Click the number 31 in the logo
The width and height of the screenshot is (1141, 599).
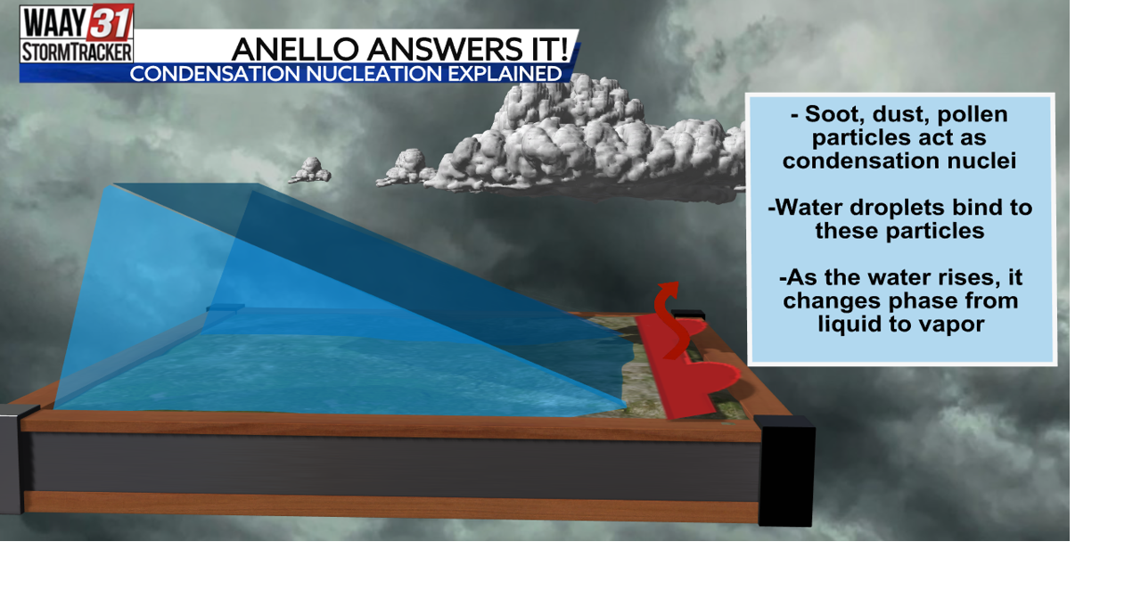click(x=110, y=21)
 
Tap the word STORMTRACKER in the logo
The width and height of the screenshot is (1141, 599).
click(x=77, y=52)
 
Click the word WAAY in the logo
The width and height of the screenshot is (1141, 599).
click(x=53, y=21)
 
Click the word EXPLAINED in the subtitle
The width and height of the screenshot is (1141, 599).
click(x=505, y=74)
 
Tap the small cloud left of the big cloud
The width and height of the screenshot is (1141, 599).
click(x=310, y=170)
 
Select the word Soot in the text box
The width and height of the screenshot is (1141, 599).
click(x=833, y=114)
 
